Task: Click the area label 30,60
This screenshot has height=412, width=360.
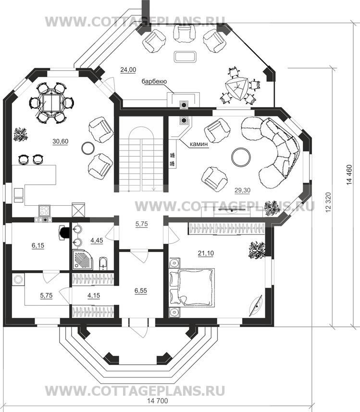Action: click(61, 141)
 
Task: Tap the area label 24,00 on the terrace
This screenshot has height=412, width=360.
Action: click(128, 70)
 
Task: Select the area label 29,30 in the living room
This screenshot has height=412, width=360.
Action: click(242, 190)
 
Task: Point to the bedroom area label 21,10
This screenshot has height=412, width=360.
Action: click(206, 253)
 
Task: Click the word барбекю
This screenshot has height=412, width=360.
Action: click(154, 81)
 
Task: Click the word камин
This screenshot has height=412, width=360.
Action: click(199, 144)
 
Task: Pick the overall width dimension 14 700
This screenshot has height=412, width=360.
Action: click(157, 400)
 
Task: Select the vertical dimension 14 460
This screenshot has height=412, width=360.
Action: click(349, 175)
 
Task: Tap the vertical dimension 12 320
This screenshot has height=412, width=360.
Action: click(328, 202)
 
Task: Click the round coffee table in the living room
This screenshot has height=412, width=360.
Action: click(241, 157)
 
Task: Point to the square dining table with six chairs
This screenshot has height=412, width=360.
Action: click(51, 102)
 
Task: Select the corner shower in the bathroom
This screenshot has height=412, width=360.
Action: click(82, 260)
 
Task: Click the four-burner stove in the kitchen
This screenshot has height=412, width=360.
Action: click(44, 210)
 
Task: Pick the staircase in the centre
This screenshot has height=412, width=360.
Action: click(142, 154)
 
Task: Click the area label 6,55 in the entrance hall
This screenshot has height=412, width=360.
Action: click(141, 290)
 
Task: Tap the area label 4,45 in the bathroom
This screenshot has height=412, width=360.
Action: click(97, 240)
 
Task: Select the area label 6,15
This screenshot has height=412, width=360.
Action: click(38, 246)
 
